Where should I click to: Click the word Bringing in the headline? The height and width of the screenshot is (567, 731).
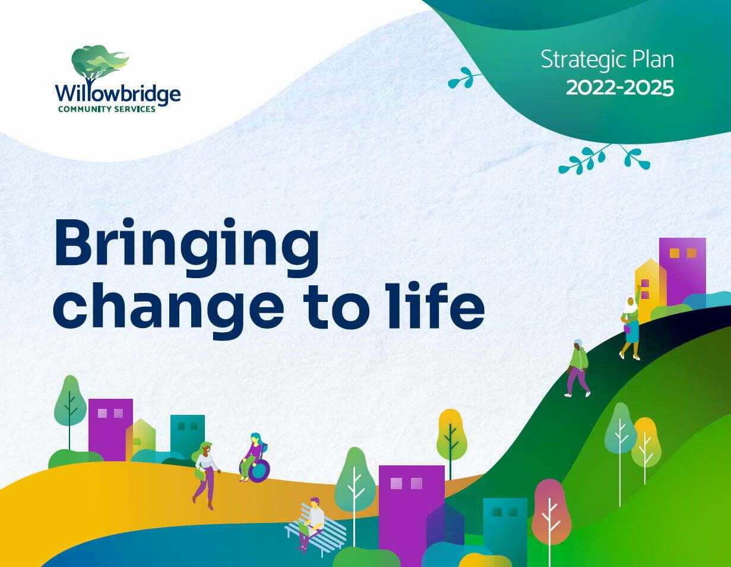click(186, 248)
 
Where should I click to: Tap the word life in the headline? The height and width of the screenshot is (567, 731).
click(436, 305)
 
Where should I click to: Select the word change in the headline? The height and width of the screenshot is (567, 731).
click(168, 310)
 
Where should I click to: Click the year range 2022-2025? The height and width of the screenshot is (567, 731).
click(620, 88)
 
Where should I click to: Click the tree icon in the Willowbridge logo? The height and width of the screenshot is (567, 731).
click(100, 64)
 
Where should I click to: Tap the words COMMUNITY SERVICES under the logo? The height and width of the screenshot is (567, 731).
click(107, 109)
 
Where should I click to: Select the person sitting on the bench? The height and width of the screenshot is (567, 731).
click(311, 525)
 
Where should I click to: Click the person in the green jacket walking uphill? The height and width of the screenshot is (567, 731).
click(578, 368)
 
